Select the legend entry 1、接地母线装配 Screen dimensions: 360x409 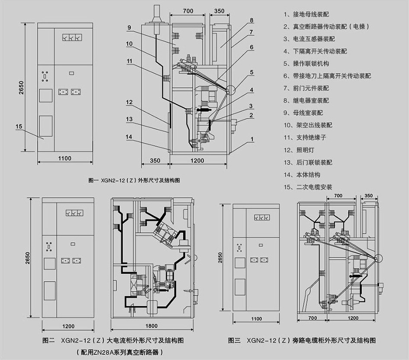pyautogui.click(x=306, y=14)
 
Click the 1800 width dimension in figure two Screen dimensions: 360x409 pyautogui.click(x=151, y=326)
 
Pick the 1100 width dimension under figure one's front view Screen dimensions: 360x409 pyautogui.click(x=64, y=158)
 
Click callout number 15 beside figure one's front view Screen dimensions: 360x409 pyautogui.click(x=18, y=126)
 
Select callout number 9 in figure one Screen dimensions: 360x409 pyautogui.click(x=129, y=28)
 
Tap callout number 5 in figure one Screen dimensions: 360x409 pyautogui.click(x=251, y=73)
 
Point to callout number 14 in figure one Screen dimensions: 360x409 pyautogui.click(x=129, y=137)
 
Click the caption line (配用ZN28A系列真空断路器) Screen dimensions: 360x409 pyautogui.click(x=119, y=352)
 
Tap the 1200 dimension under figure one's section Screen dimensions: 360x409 pyautogui.click(x=197, y=161)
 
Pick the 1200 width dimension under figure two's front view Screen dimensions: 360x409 pyautogui.click(x=68, y=326)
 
